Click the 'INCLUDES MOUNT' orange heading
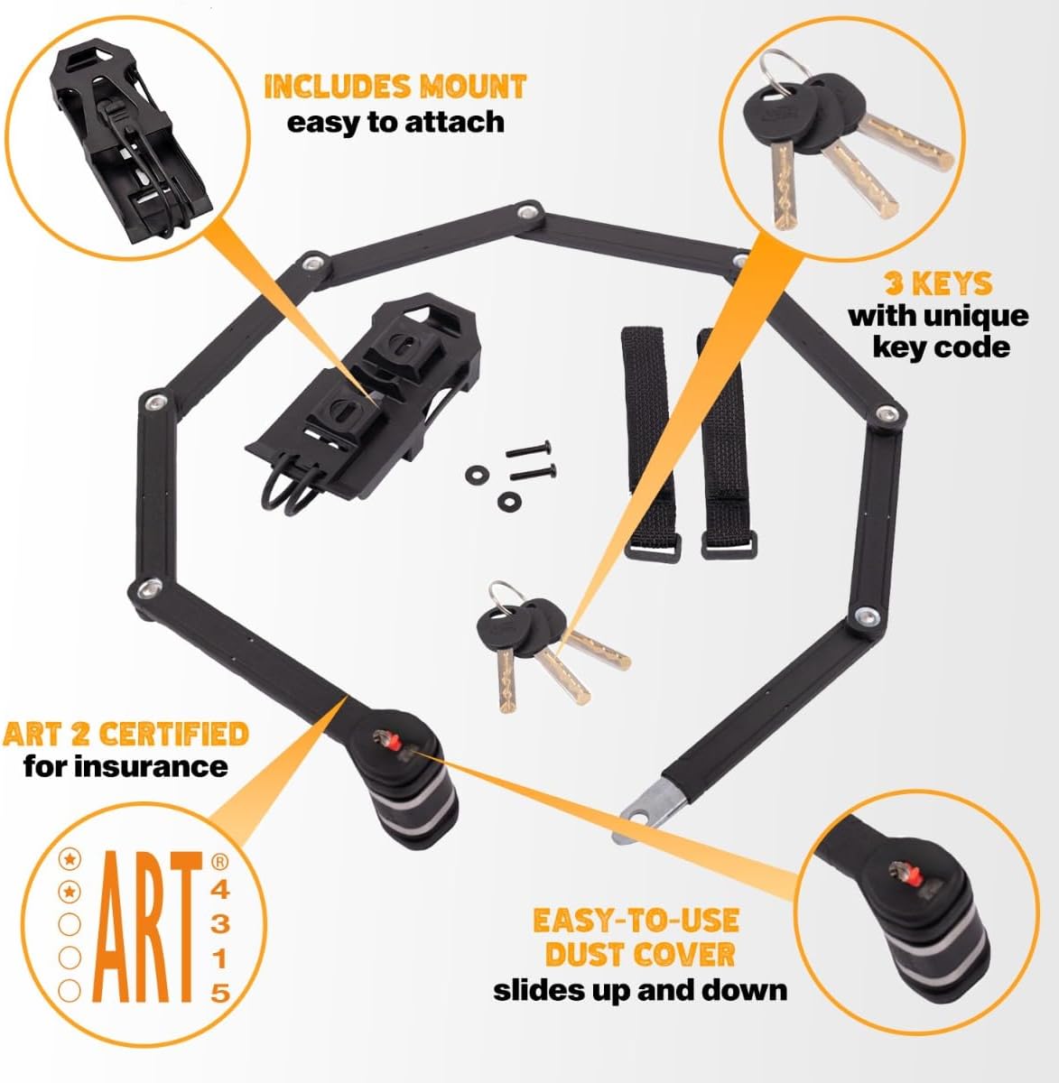395,87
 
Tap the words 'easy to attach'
395,122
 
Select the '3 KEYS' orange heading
938,283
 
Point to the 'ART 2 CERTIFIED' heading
125,734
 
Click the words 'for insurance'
125,766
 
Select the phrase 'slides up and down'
640,991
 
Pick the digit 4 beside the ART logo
220,890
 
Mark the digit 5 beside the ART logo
220,994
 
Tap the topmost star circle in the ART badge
70,859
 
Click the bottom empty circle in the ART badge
70,991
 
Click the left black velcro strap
650,442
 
